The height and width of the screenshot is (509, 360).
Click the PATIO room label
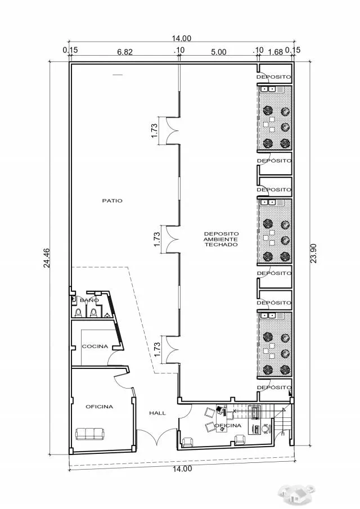(x=112, y=201)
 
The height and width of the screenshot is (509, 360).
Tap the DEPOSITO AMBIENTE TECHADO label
(x=221, y=239)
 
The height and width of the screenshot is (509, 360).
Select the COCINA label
(x=95, y=346)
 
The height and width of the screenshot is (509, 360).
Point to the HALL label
(x=157, y=413)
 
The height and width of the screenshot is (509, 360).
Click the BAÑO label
(x=89, y=300)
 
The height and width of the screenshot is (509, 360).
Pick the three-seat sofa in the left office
(x=89, y=434)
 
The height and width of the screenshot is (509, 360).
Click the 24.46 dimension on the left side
(x=47, y=258)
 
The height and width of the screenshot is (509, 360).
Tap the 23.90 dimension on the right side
(x=313, y=253)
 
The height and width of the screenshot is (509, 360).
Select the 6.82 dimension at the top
(x=125, y=52)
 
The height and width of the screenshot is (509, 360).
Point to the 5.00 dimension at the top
(x=218, y=52)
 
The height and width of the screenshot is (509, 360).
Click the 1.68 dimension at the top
(x=276, y=52)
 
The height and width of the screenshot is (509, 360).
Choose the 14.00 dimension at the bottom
(x=182, y=469)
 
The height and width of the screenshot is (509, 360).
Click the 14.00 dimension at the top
(x=182, y=38)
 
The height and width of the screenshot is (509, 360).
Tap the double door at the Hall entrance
(x=157, y=436)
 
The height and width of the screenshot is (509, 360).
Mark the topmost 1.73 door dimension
(x=155, y=130)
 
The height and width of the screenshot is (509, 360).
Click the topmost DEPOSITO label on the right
(x=273, y=77)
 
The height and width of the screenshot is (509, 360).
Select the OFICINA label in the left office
(x=100, y=407)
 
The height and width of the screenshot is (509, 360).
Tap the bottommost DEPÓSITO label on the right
(x=274, y=388)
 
